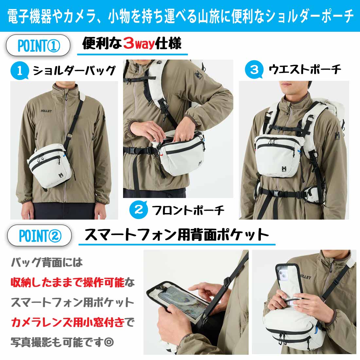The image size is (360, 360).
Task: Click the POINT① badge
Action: tap(38, 45)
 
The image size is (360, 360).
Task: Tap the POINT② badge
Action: tap(39, 236)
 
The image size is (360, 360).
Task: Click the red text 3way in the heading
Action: tap(139, 43)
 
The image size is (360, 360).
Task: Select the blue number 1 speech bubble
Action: tap(20, 71)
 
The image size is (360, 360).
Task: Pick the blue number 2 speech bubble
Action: tap(138, 209)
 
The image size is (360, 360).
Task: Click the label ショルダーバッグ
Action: tap(74, 70)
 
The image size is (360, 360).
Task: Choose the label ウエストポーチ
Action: tap(305, 69)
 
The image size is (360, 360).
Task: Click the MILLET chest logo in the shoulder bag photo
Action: tap(46, 111)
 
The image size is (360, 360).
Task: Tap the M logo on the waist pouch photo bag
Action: tap(284, 169)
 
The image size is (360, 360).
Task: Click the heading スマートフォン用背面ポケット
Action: tap(176, 234)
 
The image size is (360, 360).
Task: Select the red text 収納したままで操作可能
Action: tap(67, 282)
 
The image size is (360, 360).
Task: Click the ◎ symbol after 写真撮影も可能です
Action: tap(109, 342)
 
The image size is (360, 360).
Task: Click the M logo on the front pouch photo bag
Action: tap(200, 163)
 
